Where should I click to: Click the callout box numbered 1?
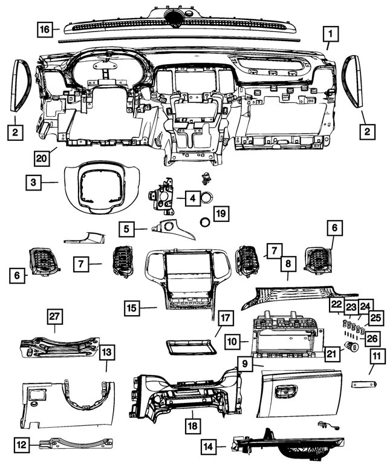(330, 33)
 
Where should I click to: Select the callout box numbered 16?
(44, 28)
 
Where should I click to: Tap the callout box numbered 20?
(41, 158)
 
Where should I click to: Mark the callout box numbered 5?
(127, 229)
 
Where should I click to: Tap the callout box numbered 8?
(288, 264)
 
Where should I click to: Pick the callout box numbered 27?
(55, 317)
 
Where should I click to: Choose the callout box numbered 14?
(208, 447)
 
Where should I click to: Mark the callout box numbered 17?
(225, 318)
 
